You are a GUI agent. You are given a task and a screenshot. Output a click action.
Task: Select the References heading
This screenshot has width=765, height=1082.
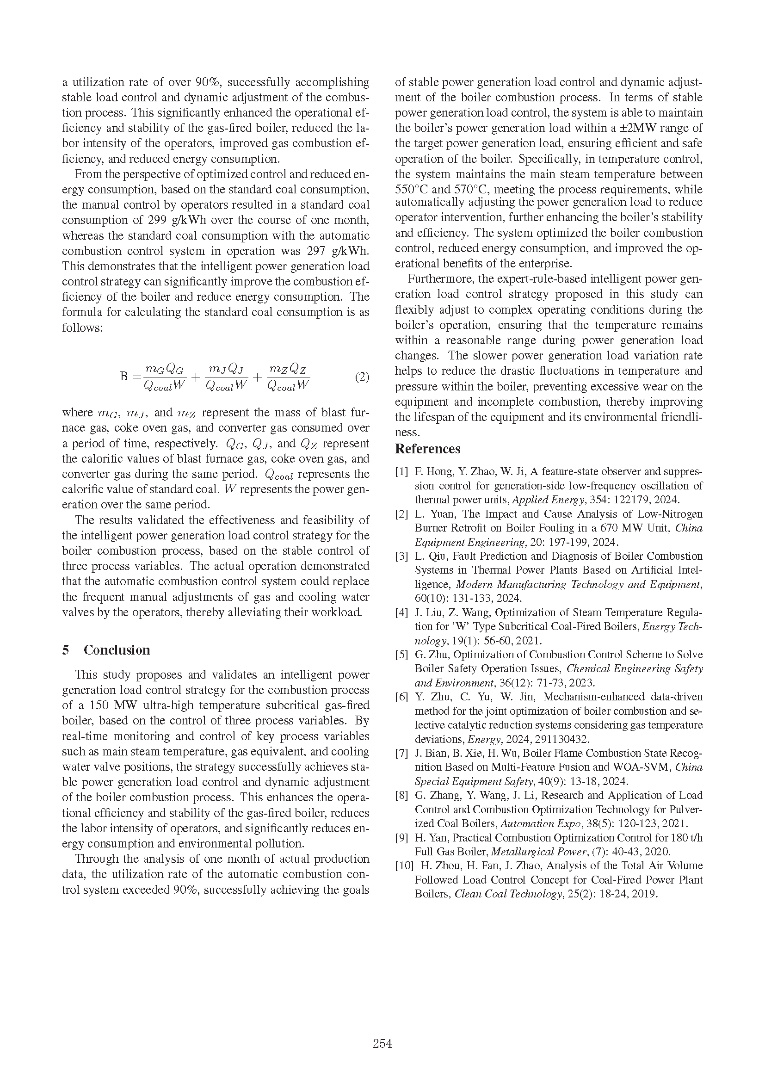[x=427, y=449]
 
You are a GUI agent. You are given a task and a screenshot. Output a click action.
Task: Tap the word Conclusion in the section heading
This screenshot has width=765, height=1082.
[x=117, y=650]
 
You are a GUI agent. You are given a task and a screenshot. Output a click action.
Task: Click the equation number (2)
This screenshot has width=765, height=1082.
[x=362, y=377]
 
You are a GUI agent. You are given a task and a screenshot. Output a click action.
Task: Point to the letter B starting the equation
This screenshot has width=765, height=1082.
[x=124, y=377]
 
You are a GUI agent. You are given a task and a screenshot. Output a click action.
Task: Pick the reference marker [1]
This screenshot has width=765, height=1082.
[x=401, y=472]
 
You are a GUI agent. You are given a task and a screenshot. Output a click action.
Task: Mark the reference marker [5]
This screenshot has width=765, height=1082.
[x=401, y=655]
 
